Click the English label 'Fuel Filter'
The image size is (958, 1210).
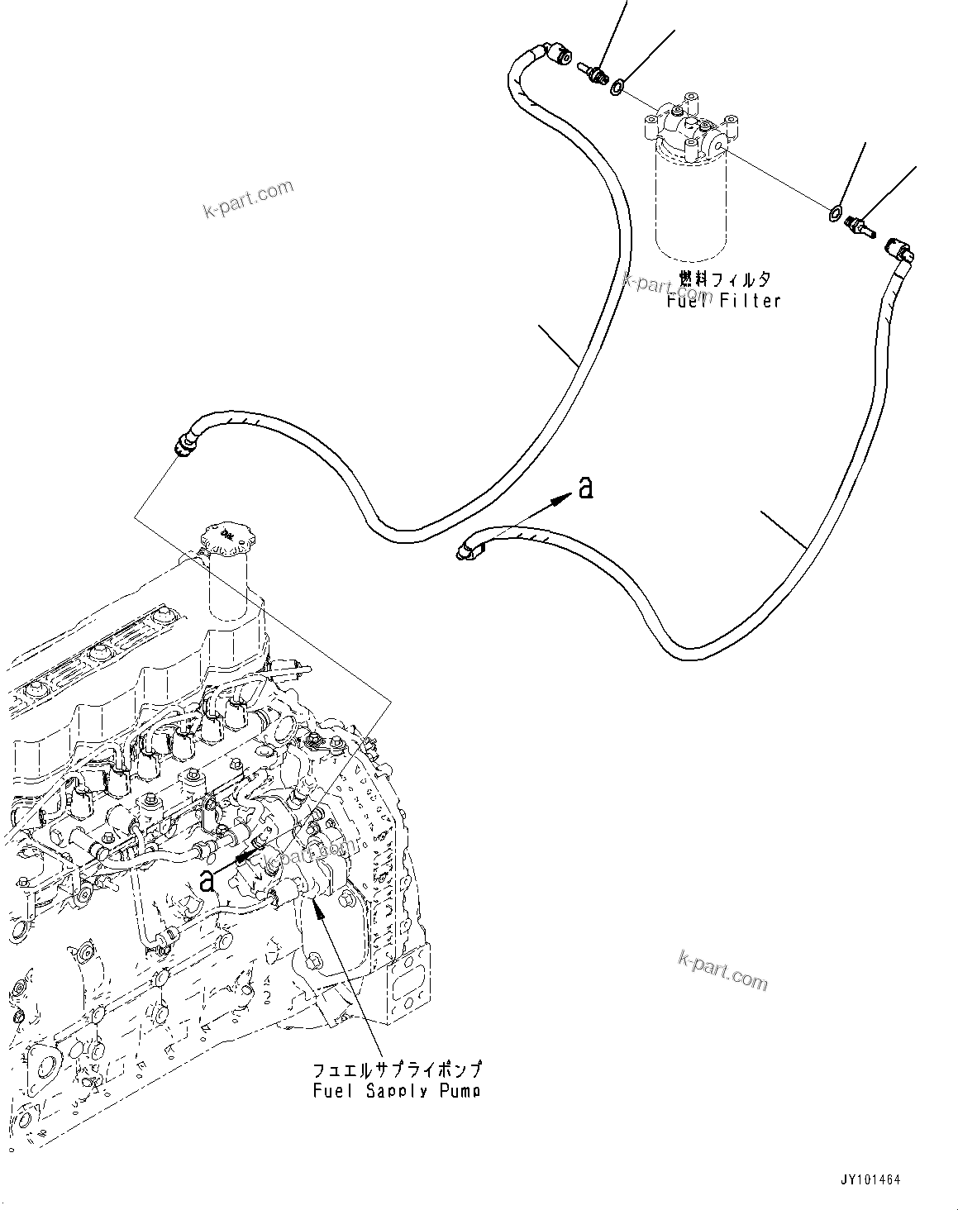click(x=723, y=301)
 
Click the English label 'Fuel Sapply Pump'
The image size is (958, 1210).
click(x=397, y=1090)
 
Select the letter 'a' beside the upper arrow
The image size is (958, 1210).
click(x=585, y=489)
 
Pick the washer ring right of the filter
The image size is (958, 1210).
click(x=835, y=214)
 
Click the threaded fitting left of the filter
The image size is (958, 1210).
click(x=593, y=74)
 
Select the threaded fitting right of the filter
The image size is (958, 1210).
click(x=860, y=225)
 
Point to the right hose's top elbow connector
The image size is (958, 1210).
click(x=900, y=248)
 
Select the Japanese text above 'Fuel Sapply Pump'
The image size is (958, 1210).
click(x=397, y=1068)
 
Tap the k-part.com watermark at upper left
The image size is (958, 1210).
click(x=248, y=199)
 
